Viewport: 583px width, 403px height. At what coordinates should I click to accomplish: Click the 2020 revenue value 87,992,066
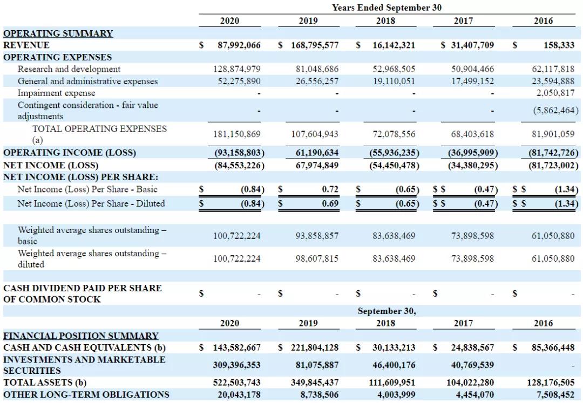239,45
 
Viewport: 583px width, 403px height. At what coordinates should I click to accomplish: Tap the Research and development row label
69,69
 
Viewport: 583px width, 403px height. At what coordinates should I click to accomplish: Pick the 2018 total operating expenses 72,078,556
394,134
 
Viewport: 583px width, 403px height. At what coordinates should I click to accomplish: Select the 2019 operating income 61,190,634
317,153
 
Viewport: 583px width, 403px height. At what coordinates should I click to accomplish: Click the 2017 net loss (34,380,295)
473,165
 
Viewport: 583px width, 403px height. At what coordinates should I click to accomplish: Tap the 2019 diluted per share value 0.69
330,203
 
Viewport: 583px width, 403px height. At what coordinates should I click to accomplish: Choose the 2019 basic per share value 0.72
330,189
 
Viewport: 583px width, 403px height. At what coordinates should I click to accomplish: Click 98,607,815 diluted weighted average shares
317,258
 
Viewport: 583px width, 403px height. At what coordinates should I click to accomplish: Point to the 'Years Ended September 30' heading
387,8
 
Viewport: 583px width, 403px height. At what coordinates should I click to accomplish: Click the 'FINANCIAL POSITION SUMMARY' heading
81,336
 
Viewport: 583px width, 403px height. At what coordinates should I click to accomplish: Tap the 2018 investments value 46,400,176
394,365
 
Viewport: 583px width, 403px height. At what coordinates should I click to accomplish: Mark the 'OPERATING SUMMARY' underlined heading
58,33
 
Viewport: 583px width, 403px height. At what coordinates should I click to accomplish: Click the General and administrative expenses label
87,81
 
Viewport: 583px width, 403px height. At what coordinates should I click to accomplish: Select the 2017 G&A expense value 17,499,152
472,81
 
